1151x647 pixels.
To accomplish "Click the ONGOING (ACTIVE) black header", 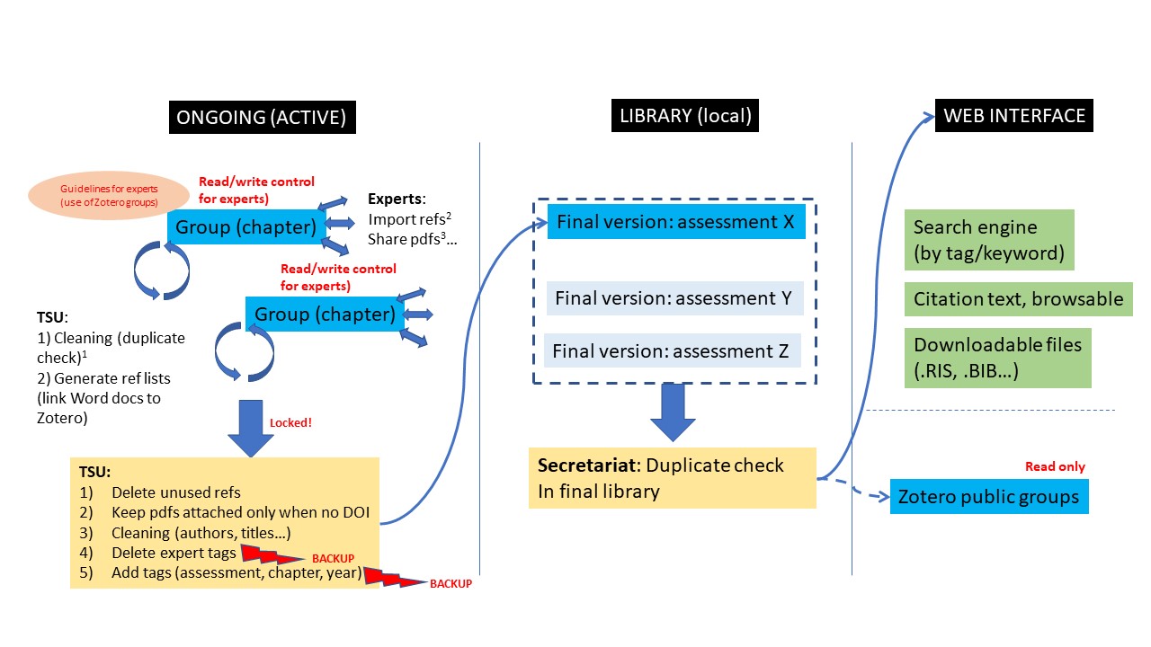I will pyautogui.click(x=261, y=117).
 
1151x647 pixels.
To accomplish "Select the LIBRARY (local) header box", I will pyautogui.click(x=685, y=116).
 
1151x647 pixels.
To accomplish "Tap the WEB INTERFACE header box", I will pyautogui.click(x=1014, y=116).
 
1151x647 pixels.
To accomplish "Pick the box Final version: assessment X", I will pyautogui.click(x=675, y=222).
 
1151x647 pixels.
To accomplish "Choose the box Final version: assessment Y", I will pyautogui.click(x=674, y=298).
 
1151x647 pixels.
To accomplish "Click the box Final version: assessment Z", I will pyautogui.click(x=670, y=351).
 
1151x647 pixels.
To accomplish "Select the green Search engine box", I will pyautogui.click(x=988, y=240).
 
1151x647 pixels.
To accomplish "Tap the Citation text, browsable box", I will pyautogui.click(x=1018, y=299).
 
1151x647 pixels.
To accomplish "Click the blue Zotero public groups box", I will pyautogui.click(x=989, y=497).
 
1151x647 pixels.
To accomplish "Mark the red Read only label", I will pyautogui.click(x=1055, y=467).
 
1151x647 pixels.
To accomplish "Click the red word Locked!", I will pyautogui.click(x=290, y=421).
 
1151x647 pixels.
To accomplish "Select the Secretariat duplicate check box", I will pyautogui.click(x=672, y=478).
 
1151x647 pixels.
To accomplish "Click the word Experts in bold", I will pyautogui.click(x=396, y=199).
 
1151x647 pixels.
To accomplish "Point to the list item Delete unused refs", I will pyautogui.click(x=175, y=492).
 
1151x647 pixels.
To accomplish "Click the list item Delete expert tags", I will pyautogui.click(x=174, y=553).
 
